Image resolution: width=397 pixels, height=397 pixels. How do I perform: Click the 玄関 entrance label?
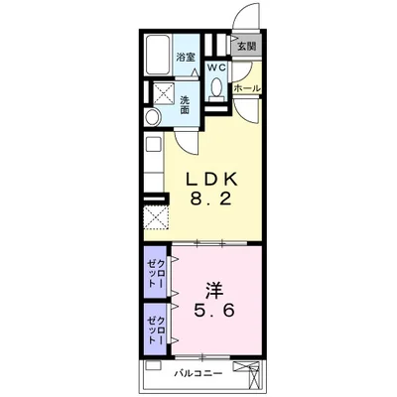click(x=247, y=47)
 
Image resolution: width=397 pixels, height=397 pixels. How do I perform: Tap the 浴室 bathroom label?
click(x=185, y=58)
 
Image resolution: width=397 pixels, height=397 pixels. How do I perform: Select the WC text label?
click(x=216, y=67)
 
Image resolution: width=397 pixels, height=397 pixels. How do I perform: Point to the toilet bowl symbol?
click(x=216, y=87)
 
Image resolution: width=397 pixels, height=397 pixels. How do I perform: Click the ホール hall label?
click(x=247, y=88)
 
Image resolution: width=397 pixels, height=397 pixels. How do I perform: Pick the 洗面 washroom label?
click(x=185, y=105)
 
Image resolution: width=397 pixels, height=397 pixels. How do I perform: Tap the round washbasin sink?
click(x=153, y=117)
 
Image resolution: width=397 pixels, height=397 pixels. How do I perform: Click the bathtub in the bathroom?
click(x=159, y=56)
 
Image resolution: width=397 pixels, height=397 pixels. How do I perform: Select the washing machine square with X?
click(x=163, y=94)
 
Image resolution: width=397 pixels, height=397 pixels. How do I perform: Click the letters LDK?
click(x=211, y=179)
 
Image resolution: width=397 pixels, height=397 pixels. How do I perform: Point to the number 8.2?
click(x=210, y=198)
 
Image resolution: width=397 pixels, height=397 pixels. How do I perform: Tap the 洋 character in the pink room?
click(x=214, y=291)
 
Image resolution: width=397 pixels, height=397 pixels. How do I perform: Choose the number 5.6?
click(x=214, y=311)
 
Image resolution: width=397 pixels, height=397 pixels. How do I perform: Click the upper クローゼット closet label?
click(x=156, y=273)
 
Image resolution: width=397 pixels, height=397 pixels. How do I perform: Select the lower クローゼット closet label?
click(x=156, y=331)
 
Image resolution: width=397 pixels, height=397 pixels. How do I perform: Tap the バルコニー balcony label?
click(x=198, y=374)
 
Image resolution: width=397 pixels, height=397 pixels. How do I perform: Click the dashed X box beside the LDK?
click(x=156, y=217)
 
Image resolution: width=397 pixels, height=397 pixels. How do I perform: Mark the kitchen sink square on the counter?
click(x=153, y=144)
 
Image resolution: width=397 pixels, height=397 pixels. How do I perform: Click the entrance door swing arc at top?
click(x=245, y=16)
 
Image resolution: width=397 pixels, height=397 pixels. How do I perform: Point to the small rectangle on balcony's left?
click(x=153, y=365)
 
